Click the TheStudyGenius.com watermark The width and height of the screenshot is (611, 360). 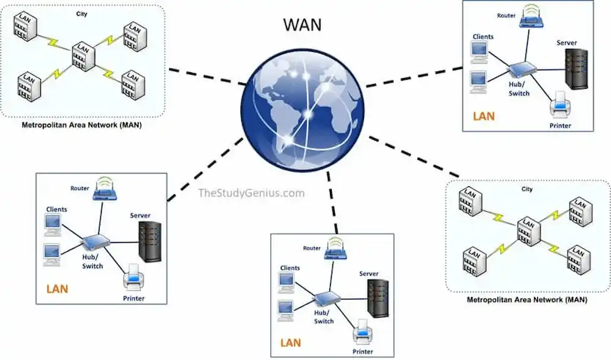(251, 193)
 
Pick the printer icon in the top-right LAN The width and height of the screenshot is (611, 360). (560, 105)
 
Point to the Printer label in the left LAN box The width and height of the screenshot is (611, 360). (133, 298)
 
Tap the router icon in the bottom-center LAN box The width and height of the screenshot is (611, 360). (335, 248)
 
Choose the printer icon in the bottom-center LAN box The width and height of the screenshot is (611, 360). (363, 332)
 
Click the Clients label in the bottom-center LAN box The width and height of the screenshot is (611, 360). (290, 268)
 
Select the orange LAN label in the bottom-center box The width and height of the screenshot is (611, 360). (291, 342)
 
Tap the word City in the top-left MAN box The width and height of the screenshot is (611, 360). (81, 13)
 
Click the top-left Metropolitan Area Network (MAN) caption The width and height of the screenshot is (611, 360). (82, 127)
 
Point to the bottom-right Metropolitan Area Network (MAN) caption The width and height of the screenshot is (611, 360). (527, 300)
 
